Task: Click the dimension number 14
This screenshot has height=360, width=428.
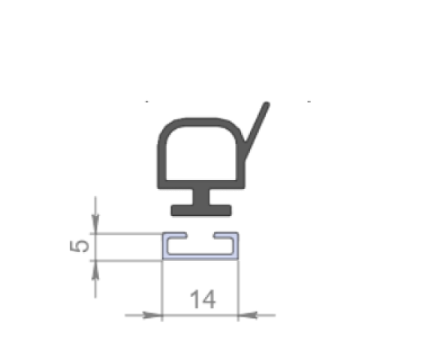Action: [203, 299]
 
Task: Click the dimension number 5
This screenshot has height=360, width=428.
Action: [80, 246]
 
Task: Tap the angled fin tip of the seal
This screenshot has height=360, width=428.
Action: [266, 105]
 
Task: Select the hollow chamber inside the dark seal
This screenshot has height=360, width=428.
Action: [200, 153]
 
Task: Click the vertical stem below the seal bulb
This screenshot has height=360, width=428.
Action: [201, 197]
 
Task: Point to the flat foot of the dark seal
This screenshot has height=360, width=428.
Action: [201, 210]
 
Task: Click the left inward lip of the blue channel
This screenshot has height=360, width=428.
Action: [175, 235]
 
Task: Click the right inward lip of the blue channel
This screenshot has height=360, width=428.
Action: [226, 235]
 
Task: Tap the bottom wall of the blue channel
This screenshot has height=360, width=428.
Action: [200, 256]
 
